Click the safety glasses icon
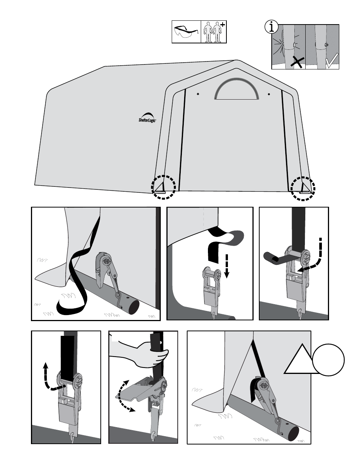tap(186, 32)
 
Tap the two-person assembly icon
tap(213, 32)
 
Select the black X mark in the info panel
tap(298, 61)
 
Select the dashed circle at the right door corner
tap(303, 188)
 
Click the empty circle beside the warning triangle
tap(328, 360)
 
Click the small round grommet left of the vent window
tap(198, 94)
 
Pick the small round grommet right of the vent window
tap(269, 94)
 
